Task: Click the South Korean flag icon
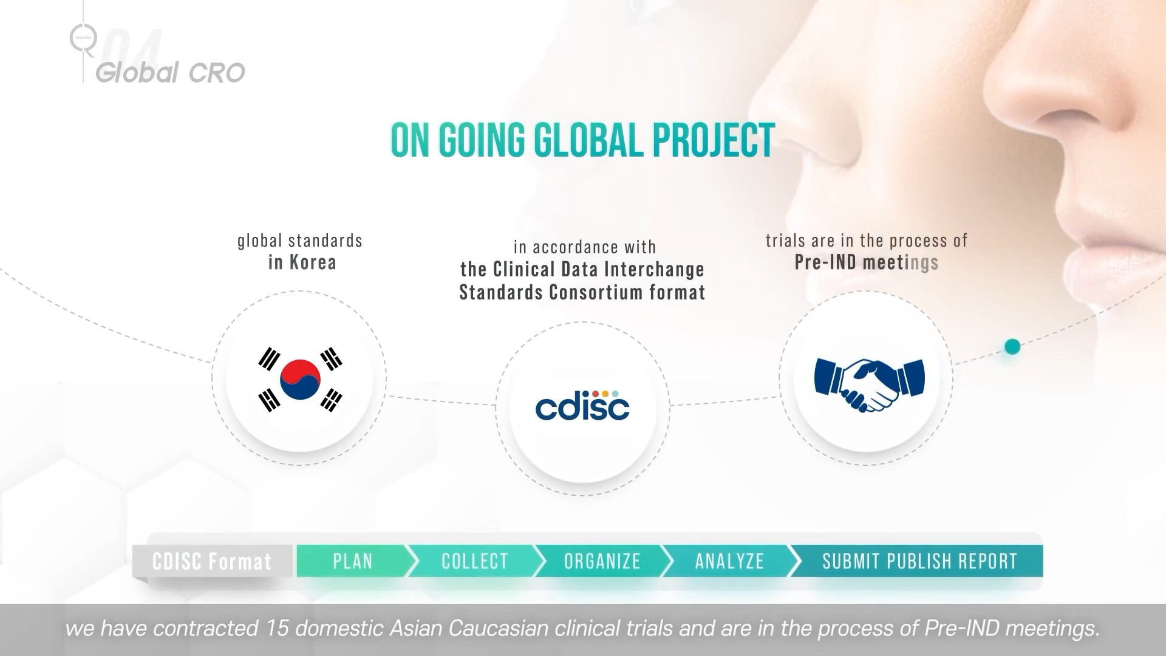[x=300, y=379]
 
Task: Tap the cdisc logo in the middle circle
[x=582, y=405]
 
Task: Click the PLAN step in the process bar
[x=353, y=561]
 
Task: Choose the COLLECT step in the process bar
[x=475, y=561]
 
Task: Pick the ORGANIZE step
[x=602, y=561]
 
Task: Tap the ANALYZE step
[x=730, y=561]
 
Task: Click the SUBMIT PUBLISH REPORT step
[x=919, y=561]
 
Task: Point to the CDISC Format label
[x=212, y=561]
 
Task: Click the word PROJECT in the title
[x=714, y=140]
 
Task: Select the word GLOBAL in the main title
[x=588, y=140]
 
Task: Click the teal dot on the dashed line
[x=1012, y=347]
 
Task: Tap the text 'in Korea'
[x=302, y=262]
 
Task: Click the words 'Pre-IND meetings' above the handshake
[x=867, y=262]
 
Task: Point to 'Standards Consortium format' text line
[x=582, y=292]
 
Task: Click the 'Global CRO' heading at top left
[x=170, y=73]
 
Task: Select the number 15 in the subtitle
[x=277, y=628]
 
